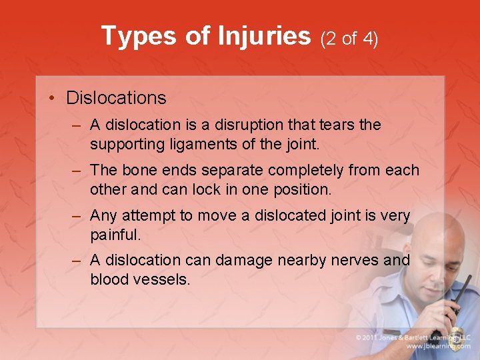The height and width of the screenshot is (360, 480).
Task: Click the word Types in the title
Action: (x=139, y=36)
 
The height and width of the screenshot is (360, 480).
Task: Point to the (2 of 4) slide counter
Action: (x=349, y=39)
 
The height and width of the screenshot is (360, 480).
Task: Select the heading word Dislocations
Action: (x=116, y=98)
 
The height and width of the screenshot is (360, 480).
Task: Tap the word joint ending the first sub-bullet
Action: (x=303, y=143)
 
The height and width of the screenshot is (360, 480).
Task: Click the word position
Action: (x=299, y=189)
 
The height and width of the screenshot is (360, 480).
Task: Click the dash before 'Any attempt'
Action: (x=77, y=216)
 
